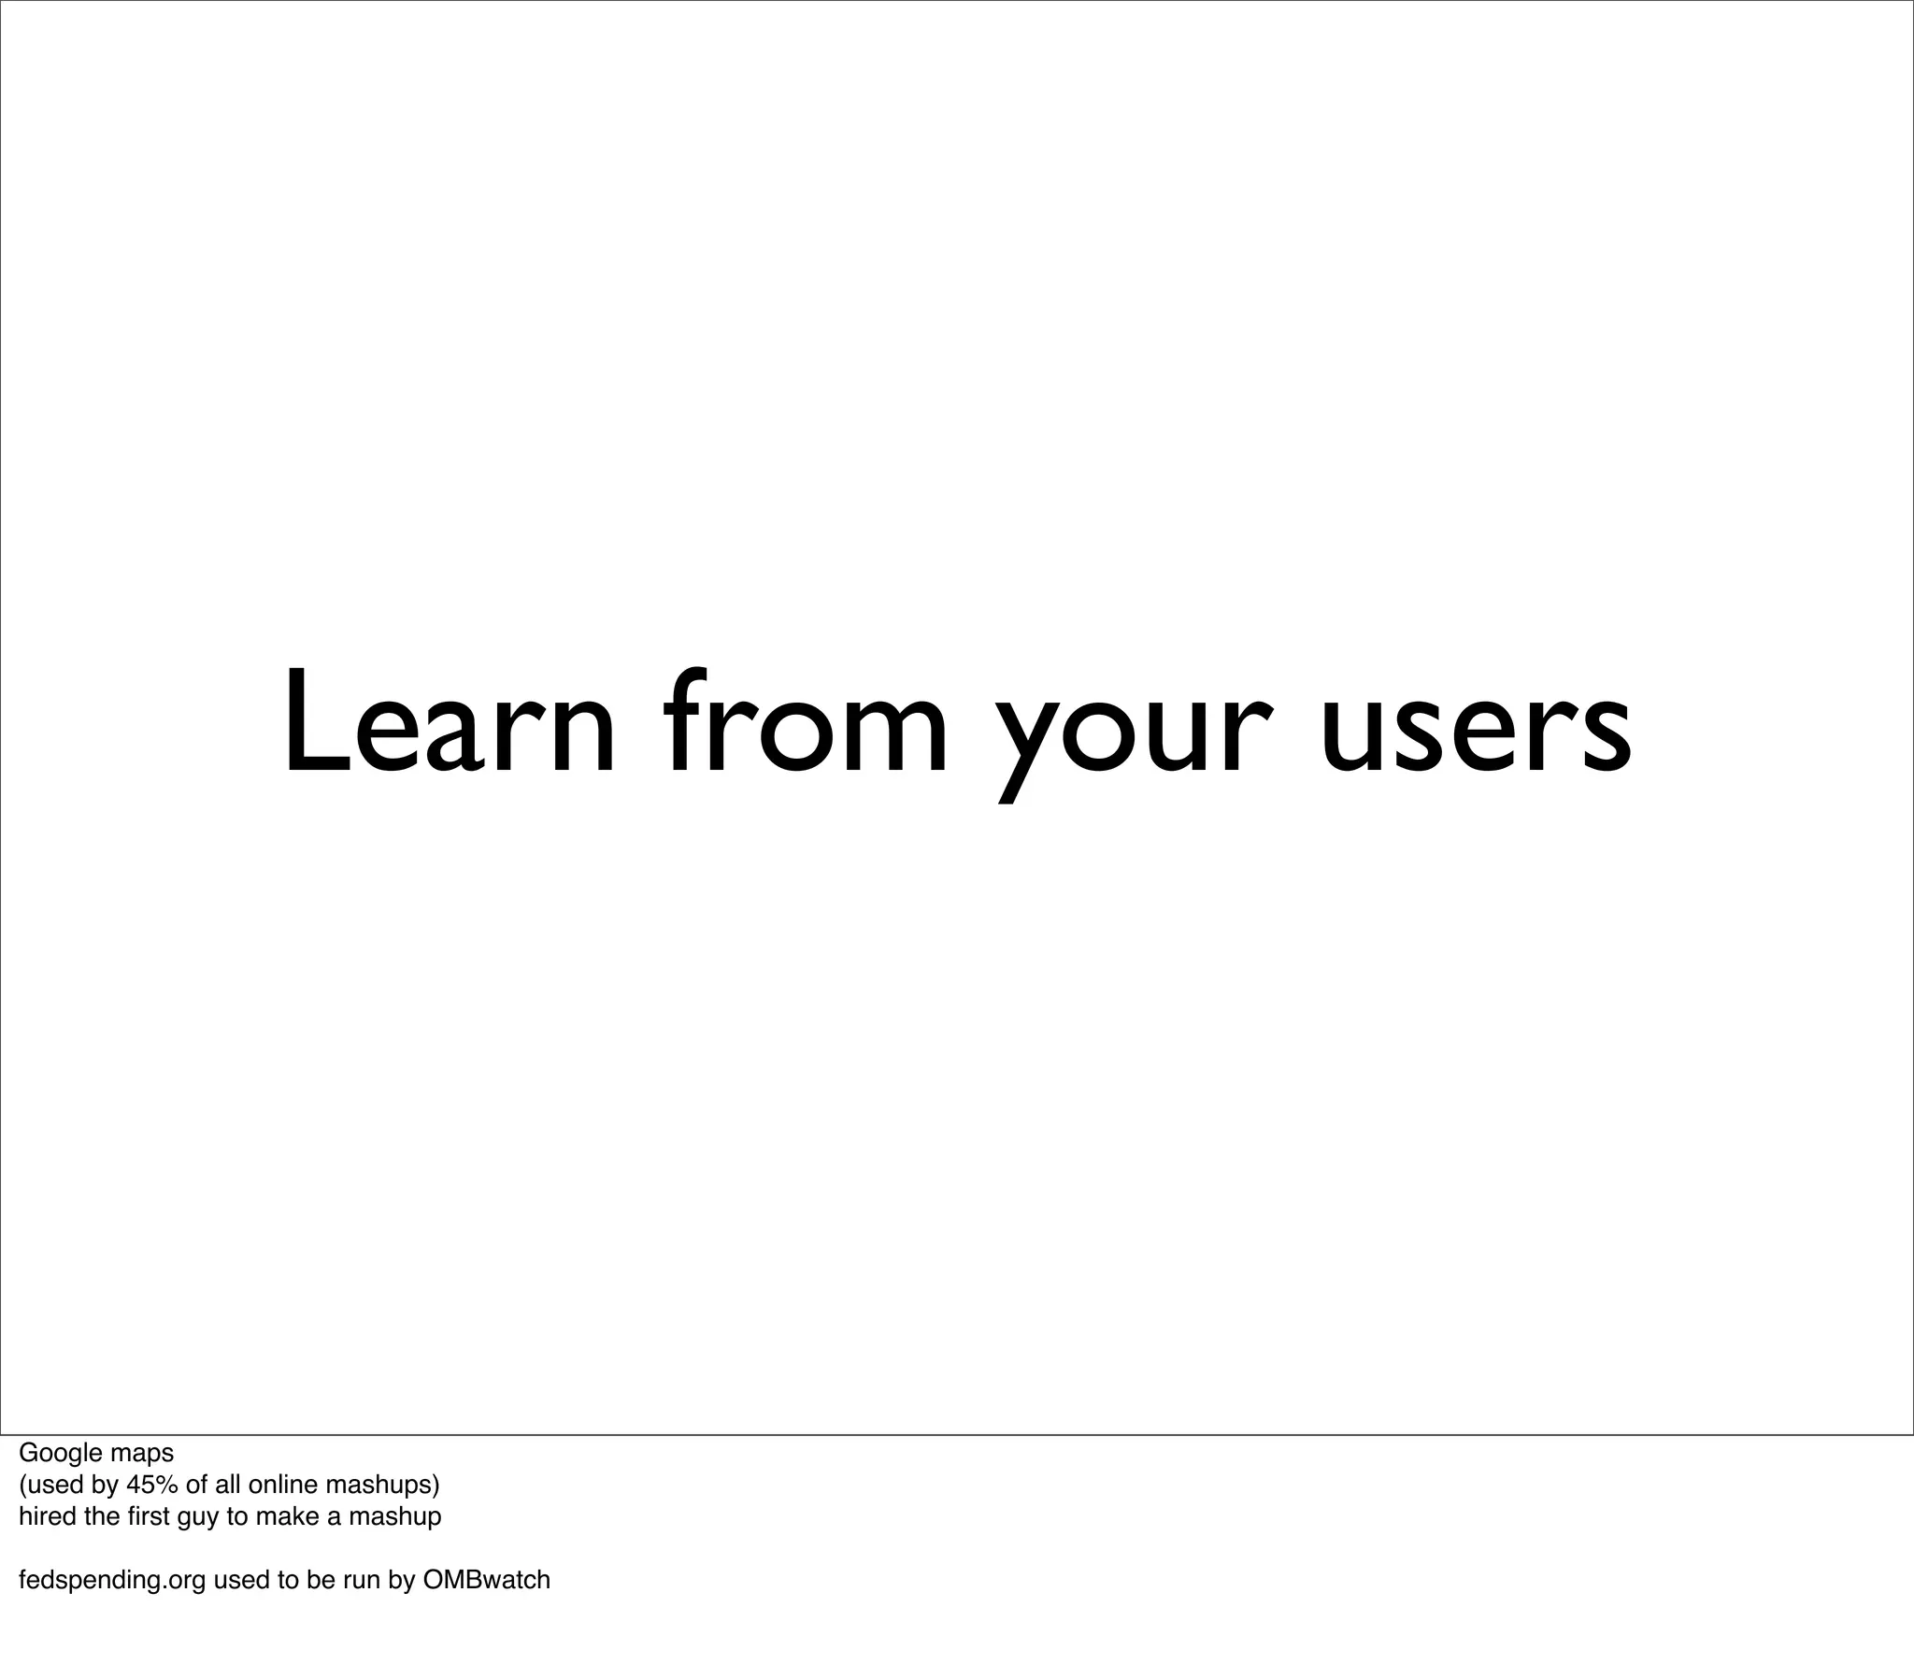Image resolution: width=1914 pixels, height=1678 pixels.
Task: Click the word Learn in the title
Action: tap(449, 722)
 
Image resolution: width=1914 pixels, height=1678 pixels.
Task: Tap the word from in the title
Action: tap(807, 722)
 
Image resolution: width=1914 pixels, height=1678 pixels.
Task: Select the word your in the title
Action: tap(1132, 735)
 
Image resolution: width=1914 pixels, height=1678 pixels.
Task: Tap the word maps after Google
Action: tap(141, 1454)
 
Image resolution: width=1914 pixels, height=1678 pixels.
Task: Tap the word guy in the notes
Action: tap(197, 1518)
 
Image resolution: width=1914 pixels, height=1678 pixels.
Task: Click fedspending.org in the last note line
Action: tap(112, 1581)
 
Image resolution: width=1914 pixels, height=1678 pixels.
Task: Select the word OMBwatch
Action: tap(486, 1580)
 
